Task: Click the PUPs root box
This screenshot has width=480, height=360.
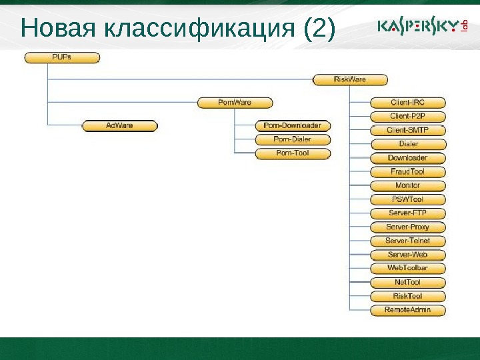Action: tap(62, 57)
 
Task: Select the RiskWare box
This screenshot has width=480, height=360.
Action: tap(350, 80)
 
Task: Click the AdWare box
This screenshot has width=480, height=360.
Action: tap(119, 125)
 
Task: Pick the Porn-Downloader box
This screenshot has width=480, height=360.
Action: tap(292, 125)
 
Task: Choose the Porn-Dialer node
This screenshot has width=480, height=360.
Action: tap(292, 139)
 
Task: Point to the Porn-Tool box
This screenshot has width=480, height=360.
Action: tap(292, 153)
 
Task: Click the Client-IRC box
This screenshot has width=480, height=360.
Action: tap(407, 103)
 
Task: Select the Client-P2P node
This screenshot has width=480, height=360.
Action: tap(407, 116)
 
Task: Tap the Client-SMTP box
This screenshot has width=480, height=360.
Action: tap(407, 130)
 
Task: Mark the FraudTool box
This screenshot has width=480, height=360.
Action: tap(407, 171)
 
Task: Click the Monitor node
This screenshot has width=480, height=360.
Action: tap(407, 185)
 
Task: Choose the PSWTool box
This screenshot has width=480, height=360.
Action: tap(407, 199)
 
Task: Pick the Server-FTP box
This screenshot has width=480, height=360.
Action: tap(407, 213)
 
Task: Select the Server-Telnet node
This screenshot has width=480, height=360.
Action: tap(407, 241)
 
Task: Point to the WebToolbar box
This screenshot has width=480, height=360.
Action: tap(407, 268)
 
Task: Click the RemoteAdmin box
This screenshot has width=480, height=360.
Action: tap(407, 309)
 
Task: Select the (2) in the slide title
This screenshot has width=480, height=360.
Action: tap(317, 28)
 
